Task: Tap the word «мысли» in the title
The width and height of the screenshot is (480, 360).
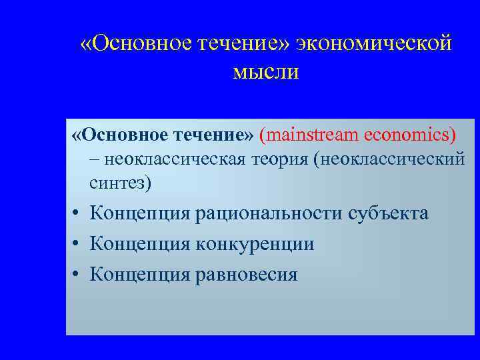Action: click(x=266, y=72)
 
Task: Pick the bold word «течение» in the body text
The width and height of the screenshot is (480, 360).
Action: click(x=213, y=136)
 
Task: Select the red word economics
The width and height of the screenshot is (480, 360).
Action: click(x=410, y=136)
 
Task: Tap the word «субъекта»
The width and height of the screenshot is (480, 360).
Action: click(x=386, y=213)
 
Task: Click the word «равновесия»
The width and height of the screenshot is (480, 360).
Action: click(x=246, y=274)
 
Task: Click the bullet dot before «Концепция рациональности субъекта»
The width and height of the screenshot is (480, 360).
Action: click(x=78, y=214)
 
